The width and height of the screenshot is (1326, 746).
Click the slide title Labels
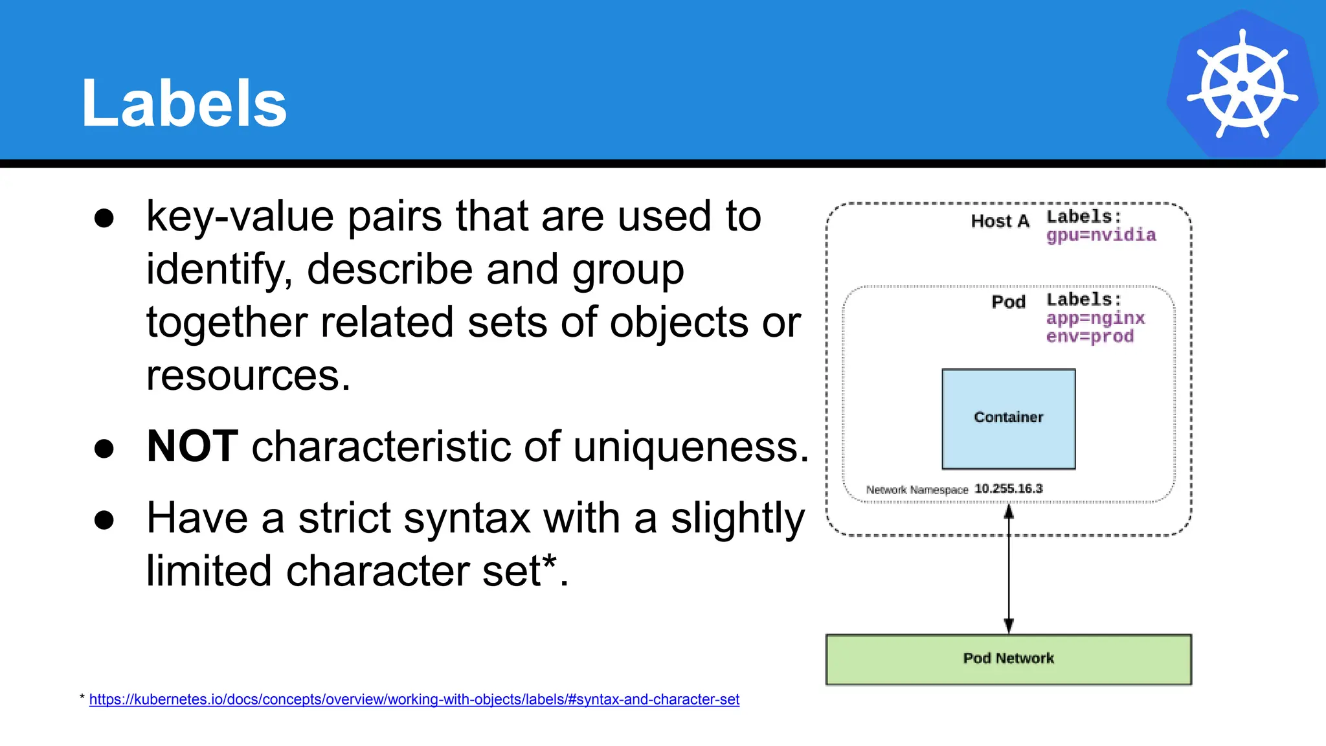point(184,104)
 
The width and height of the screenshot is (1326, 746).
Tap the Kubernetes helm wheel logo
point(1242,84)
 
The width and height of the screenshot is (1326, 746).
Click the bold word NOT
point(192,446)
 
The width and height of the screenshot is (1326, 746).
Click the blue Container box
point(1008,418)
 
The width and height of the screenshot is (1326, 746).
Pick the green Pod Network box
point(1008,659)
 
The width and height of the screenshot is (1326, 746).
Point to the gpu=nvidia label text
point(1101,235)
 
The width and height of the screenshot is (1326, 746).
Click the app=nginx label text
point(1096,318)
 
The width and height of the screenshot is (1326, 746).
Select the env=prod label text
point(1090,337)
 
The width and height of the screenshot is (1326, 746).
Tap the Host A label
point(1000,221)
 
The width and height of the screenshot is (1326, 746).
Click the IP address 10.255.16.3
point(1008,489)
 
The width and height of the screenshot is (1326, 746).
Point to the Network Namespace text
point(917,490)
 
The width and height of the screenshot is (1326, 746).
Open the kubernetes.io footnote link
point(414,699)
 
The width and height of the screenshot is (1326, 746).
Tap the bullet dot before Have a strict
point(104,519)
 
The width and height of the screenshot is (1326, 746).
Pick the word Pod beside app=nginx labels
point(1008,302)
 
